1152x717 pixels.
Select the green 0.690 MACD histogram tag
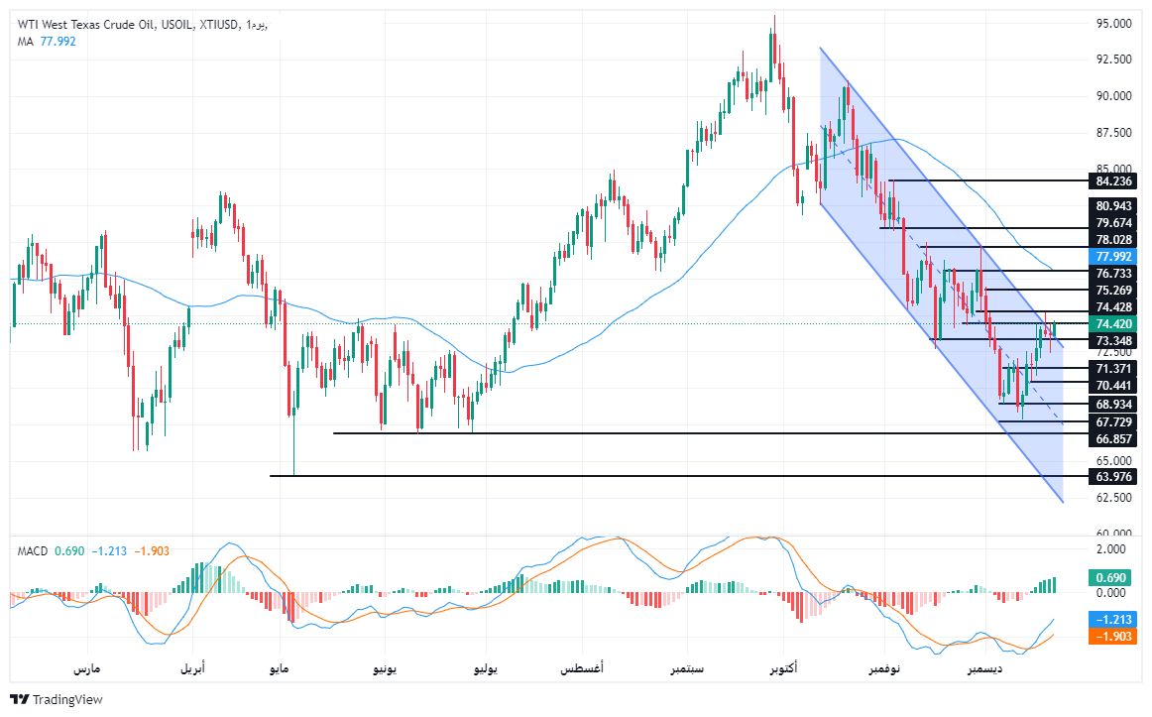pyautogui.click(x=1110, y=576)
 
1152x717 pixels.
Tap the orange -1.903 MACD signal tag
pyautogui.click(x=1112, y=637)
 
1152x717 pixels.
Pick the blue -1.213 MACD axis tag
pyautogui.click(x=1112, y=618)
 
